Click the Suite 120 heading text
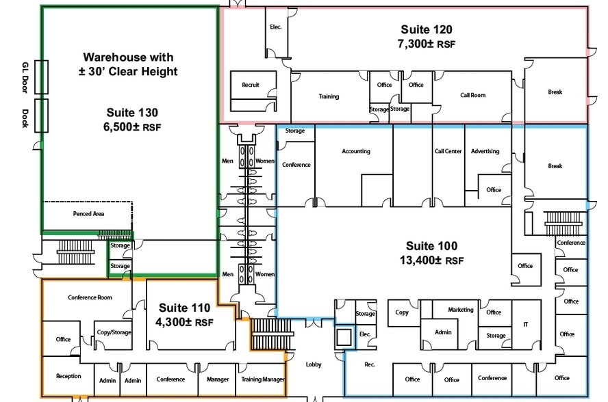coord(426,29)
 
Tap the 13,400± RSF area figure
coord(431,260)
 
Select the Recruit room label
coord(251,85)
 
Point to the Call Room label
coord(472,95)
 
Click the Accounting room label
coord(355,151)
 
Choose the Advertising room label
coord(485,151)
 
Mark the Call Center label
coord(448,151)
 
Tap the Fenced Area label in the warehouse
coord(88,213)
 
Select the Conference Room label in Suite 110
coord(90,297)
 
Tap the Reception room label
coord(68,376)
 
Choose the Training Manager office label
coord(262,379)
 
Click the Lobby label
coord(314,364)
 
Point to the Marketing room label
coord(460,310)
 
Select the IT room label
coord(525,324)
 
